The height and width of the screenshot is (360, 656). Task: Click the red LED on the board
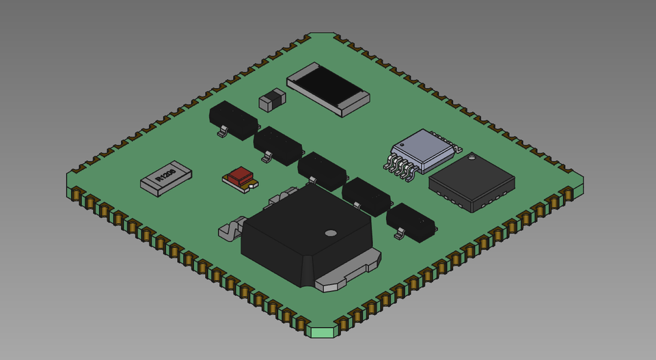click(240, 177)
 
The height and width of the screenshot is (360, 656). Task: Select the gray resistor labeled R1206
click(166, 178)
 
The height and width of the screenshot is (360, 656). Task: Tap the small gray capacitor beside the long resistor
click(272, 100)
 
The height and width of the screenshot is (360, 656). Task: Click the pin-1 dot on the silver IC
click(402, 145)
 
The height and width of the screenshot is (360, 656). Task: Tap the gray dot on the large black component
click(331, 233)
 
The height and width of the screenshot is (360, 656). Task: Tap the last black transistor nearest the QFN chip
click(411, 221)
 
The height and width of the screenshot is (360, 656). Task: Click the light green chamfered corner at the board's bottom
click(323, 332)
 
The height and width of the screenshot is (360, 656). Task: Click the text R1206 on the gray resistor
click(165, 176)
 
